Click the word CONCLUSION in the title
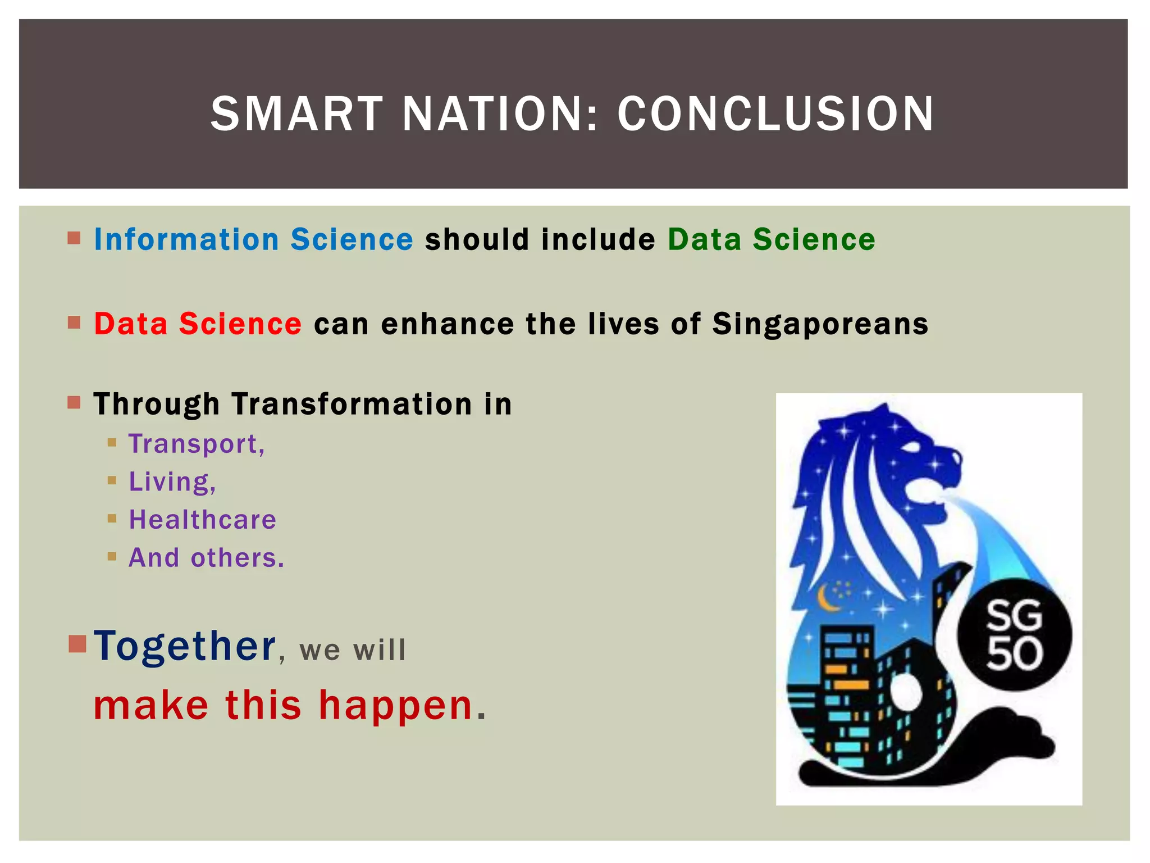tap(775, 114)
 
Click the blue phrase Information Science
tap(253, 240)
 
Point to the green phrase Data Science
tap(771, 240)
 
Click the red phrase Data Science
tap(198, 324)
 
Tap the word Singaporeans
tap(820, 324)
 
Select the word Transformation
tap(352, 405)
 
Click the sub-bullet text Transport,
tap(197, 444)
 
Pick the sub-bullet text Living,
tap(172, 482)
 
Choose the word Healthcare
tap(202, 520)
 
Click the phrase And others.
tap(206, 558)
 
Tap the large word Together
tap(185, 646)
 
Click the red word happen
tap(395, 705)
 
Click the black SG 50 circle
tap(1014, 635)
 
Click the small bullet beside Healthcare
tap(112, 519)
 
